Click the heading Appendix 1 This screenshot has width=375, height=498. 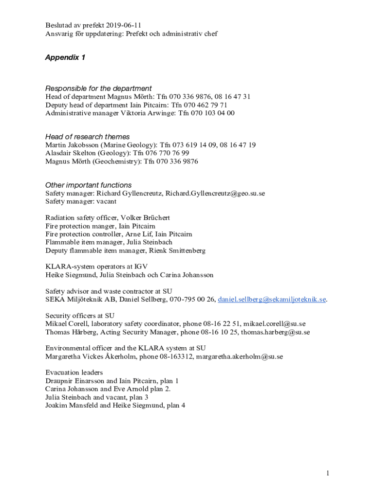(65, 57)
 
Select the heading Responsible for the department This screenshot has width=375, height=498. (98, 88)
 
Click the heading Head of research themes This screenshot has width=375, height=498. (87, 137)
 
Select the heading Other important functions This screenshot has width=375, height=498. (88, 185)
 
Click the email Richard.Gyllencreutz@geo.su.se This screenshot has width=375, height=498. (215, 193)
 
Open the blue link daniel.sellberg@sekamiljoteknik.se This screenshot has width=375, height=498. (272, 300)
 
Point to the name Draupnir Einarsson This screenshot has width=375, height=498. (75, 381)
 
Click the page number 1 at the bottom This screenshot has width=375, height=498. (329, 473)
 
